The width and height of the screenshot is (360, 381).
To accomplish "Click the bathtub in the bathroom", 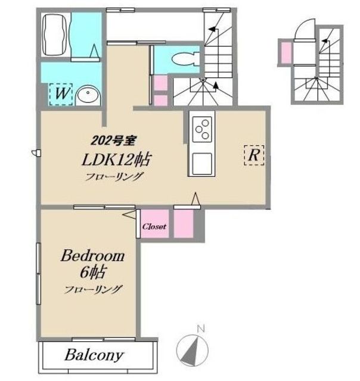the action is coord(54,35).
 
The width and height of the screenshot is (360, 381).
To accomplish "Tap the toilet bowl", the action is coord(185,58).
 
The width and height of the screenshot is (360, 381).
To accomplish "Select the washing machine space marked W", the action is coord(61,94).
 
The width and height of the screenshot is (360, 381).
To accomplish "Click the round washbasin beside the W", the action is coord(88,95).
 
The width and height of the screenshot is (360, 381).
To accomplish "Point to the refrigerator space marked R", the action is coord(254,155).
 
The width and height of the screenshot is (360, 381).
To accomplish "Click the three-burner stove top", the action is coord(202,129).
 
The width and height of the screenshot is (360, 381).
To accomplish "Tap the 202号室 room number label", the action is coord(113,140).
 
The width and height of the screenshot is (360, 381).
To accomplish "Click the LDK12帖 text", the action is coord(117,160).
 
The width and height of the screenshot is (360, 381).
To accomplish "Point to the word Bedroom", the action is coord(92,256).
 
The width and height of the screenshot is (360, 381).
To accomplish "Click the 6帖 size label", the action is coord(92,272).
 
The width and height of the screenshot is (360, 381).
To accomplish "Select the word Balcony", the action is coord(94,355).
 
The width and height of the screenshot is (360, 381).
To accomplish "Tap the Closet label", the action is coord(154,227).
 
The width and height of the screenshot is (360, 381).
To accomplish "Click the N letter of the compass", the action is coord(201,329).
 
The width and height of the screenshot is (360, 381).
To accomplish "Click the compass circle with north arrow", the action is coord(192,351).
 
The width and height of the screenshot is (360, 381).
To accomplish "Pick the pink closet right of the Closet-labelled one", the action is coord(184,224).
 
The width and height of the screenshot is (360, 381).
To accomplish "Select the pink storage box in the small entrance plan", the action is coord(286,53).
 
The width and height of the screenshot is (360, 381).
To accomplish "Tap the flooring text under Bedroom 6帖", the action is coord(92,289).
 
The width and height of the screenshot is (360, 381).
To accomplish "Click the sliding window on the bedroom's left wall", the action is coord(38,273).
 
